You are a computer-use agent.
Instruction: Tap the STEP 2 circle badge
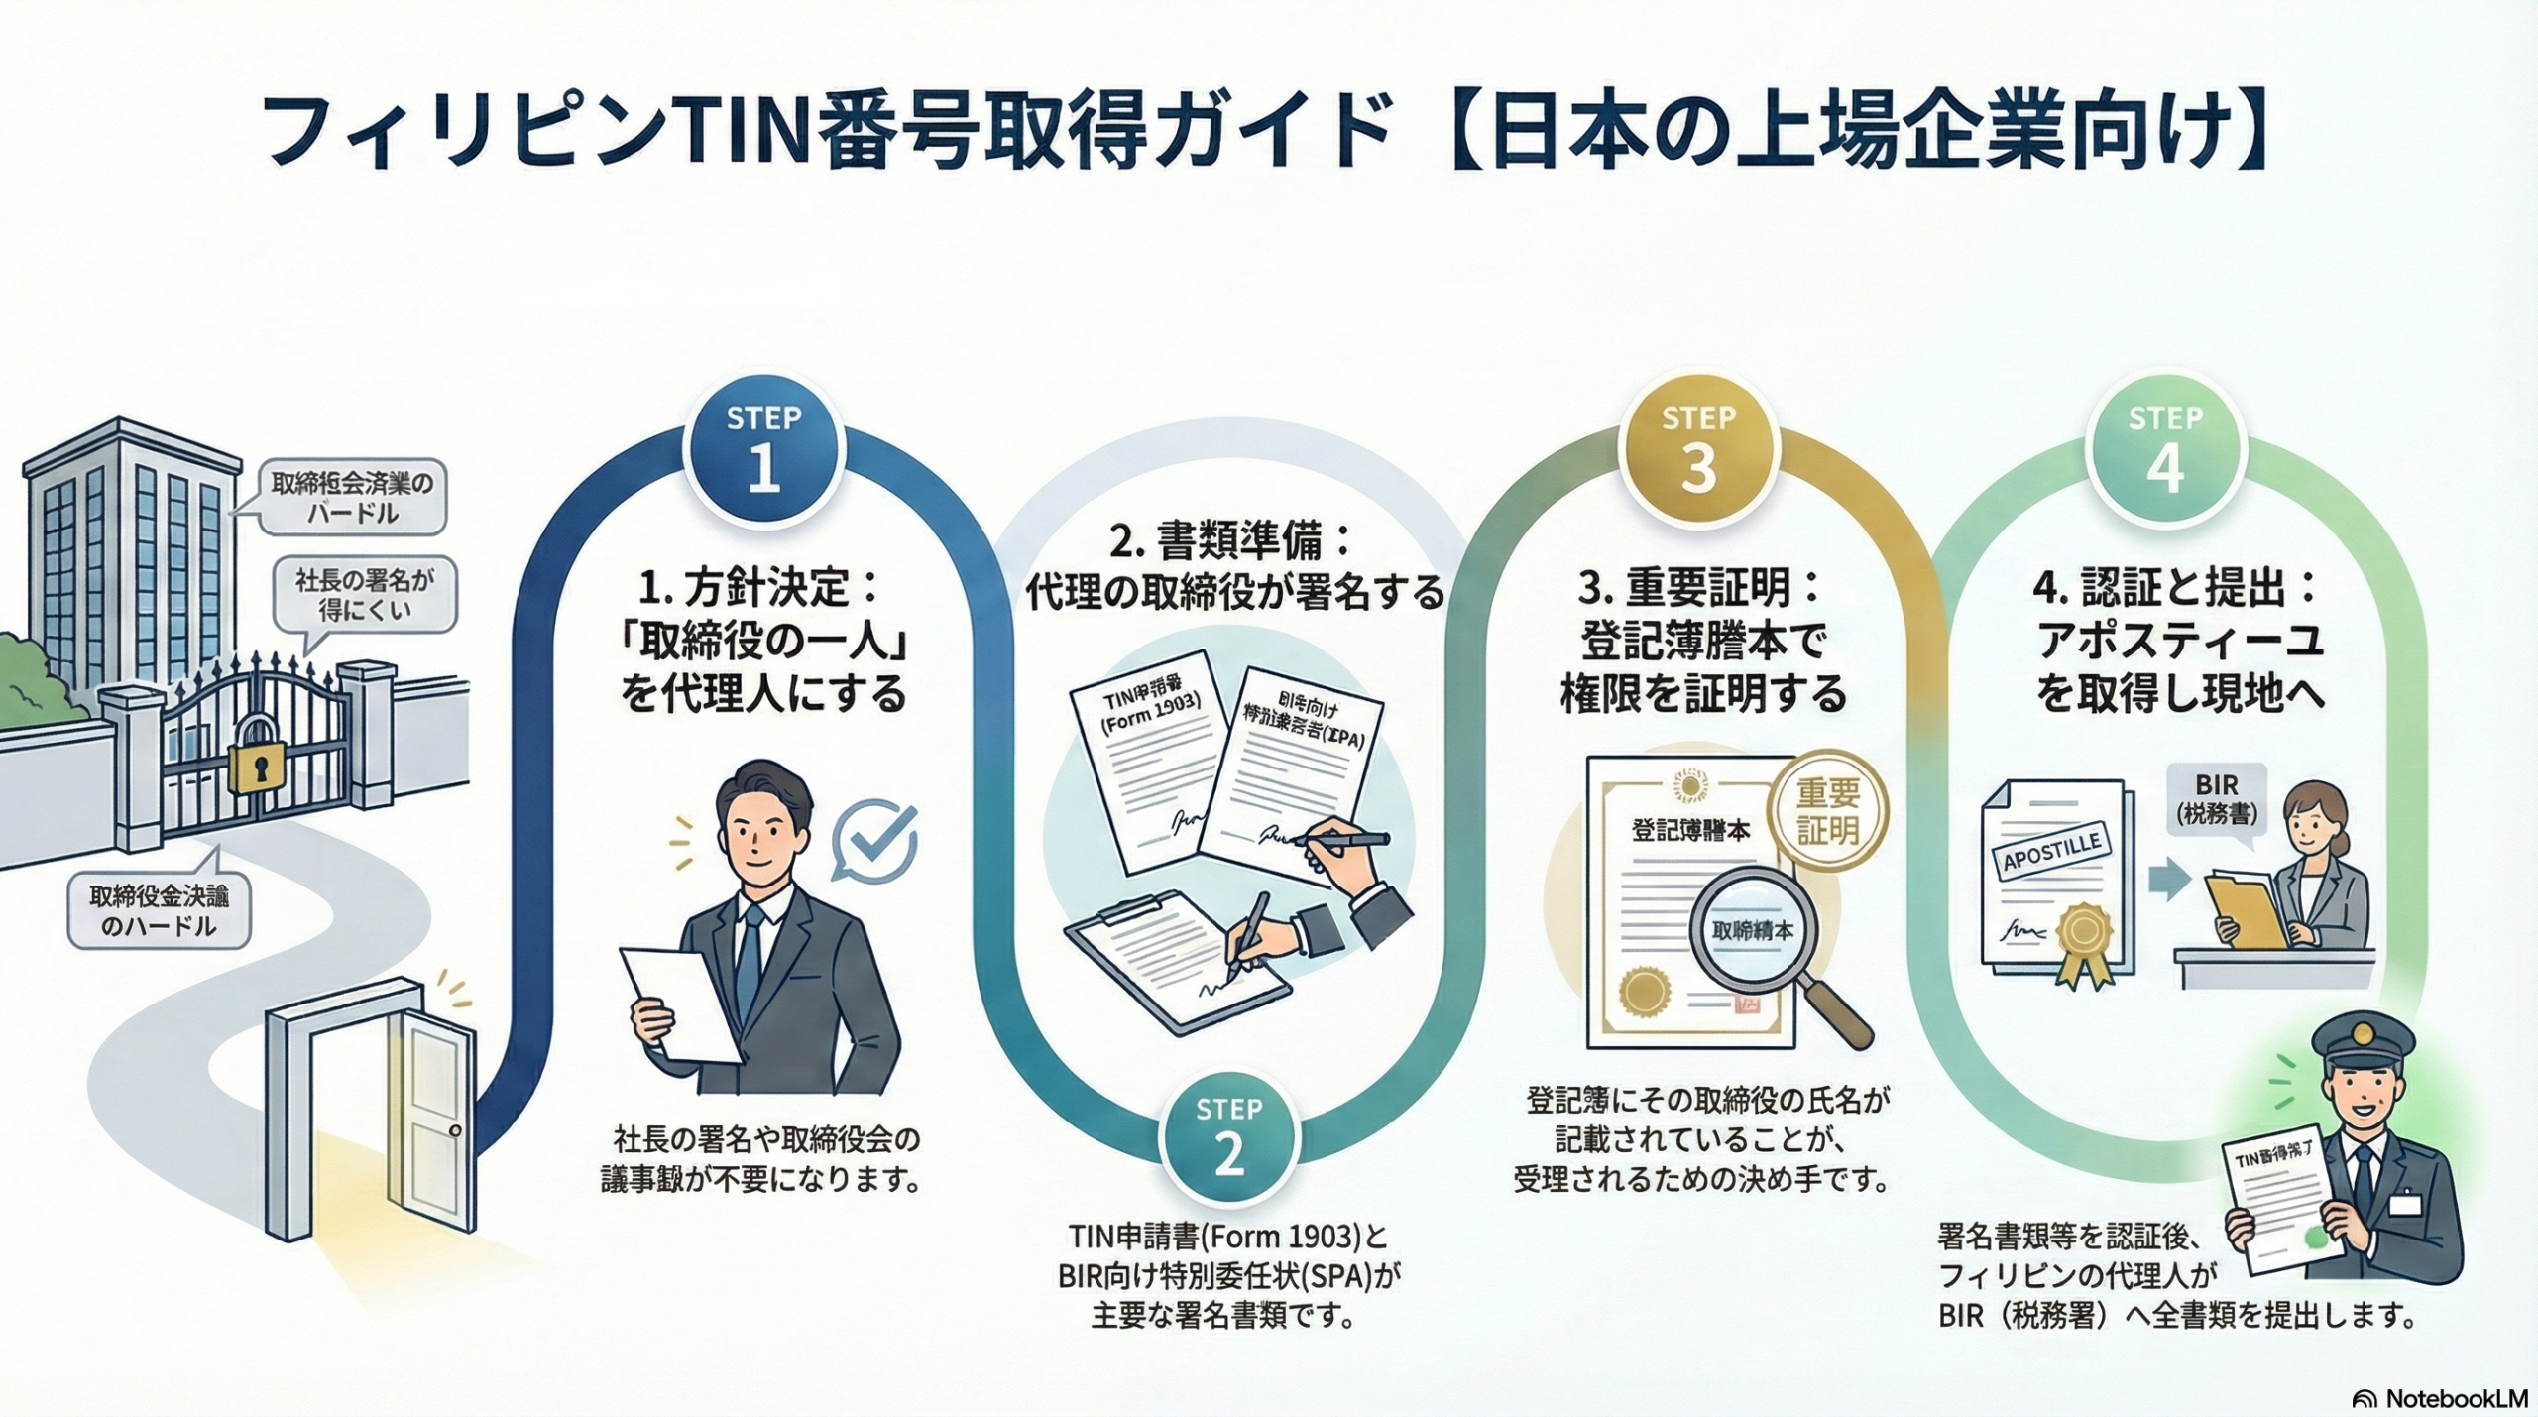coord(1229,1139)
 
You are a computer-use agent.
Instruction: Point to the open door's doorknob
coord(454,1130)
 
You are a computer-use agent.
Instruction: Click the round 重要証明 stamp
coord(1828,810)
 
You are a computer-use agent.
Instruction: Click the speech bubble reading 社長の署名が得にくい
coord(364,594)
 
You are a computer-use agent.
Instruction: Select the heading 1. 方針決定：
coord(759,589)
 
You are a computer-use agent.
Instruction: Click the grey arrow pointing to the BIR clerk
coord(2168,879)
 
